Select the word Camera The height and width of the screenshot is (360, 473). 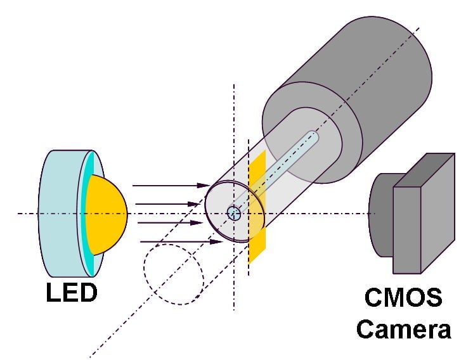404,329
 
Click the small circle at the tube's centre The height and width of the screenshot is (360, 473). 234,213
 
